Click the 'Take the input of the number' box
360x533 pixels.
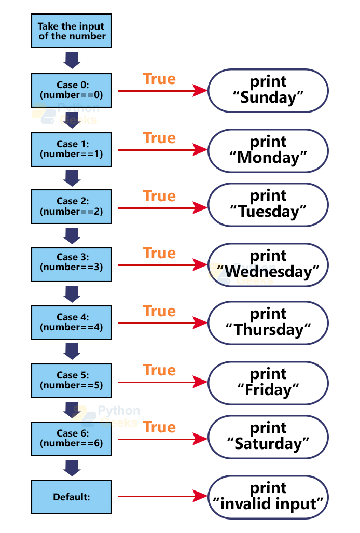[72, 31]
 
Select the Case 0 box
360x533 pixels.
[72, 91]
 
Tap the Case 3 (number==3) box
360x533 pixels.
[72, 265]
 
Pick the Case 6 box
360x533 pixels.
[72, 439]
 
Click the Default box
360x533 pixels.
[72, 497]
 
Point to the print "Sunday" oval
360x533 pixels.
[268, 91]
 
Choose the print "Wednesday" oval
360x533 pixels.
[268, 265]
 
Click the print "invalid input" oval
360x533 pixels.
[268, 497]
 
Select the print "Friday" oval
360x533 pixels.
[268, 382]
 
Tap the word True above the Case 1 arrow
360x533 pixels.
[159, 138]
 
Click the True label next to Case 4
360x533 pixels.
[159, 311]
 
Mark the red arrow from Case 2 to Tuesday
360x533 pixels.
[161, 208]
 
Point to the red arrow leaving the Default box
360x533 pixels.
[161, 497]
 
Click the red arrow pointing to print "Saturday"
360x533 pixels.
[161, 439]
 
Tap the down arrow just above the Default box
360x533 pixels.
[72, 468]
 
